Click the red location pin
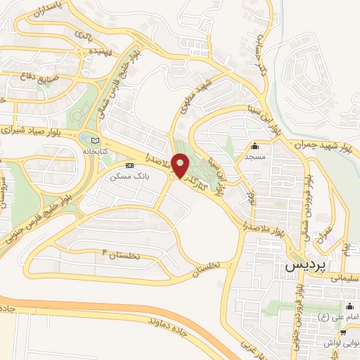pos(180,166)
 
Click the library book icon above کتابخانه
pos(86,140)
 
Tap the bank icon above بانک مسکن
pos(128,165)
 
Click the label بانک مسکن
pos(126,176)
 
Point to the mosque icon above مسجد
pos(255,147)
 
